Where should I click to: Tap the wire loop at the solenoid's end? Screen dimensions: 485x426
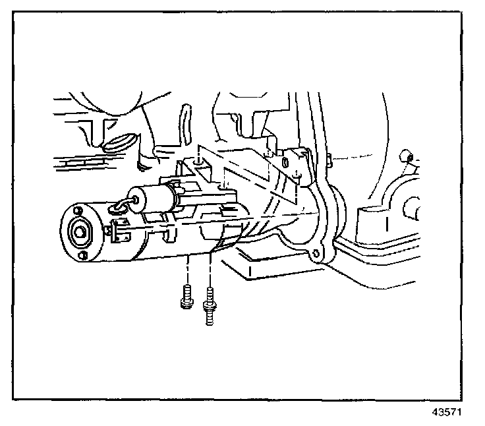pos(120,208)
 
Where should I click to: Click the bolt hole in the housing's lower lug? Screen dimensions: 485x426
pos(319,254)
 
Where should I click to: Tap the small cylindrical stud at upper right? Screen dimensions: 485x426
pos(407,156)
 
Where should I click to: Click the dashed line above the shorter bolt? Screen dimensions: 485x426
pos(188,270)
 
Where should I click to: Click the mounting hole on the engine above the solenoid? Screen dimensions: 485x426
pos(198,160)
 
